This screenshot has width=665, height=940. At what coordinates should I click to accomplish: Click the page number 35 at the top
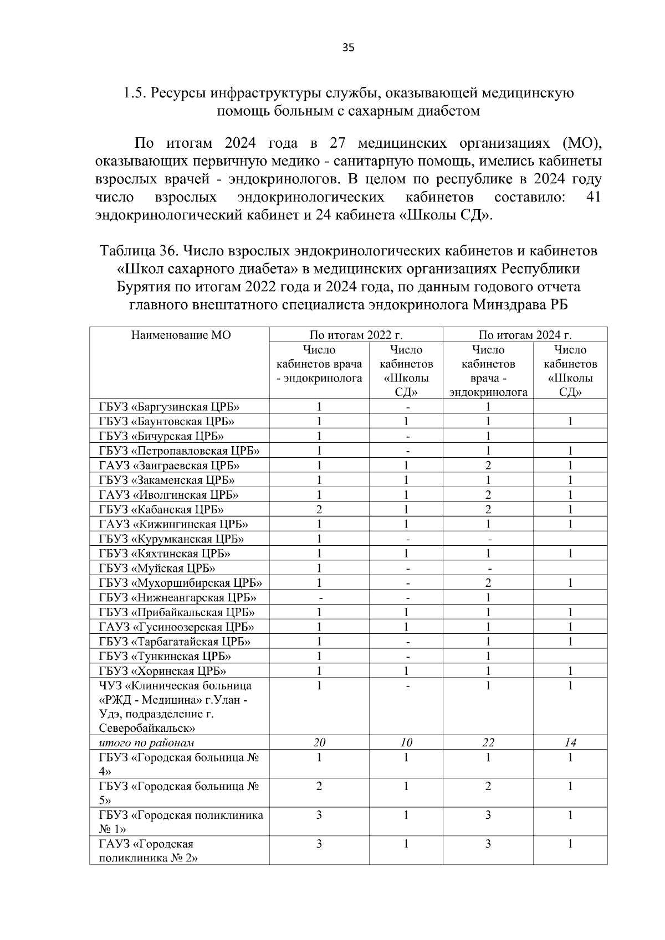(348, 48)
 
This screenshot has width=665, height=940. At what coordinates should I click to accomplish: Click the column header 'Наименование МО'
(181, 335)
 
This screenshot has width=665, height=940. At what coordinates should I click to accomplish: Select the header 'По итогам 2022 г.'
(356, 335)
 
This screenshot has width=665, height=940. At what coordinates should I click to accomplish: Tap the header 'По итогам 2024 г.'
(525, 335)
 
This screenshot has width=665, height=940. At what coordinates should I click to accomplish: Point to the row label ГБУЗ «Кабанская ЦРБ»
(161, 509)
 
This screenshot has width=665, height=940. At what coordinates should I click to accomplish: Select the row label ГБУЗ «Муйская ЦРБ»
(157, 568)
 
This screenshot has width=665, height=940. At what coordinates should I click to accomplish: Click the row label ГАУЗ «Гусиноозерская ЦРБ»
(177, 627)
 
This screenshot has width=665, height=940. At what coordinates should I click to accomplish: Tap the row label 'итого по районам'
(146, 742)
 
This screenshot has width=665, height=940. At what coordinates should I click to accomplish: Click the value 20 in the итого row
(319, 742)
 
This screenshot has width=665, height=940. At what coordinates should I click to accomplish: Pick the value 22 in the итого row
(488, 742)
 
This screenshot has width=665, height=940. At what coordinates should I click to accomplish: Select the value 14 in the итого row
(570, 742)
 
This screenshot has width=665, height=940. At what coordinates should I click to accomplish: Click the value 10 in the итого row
(406, 742)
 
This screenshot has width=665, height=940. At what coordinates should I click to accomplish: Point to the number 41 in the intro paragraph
(593, 198)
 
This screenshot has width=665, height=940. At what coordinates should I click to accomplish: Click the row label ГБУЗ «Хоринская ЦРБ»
(162, 671)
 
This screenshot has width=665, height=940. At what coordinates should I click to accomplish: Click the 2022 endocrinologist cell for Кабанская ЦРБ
(319, 509)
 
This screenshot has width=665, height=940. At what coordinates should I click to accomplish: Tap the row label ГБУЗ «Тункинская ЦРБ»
(165, 656)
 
